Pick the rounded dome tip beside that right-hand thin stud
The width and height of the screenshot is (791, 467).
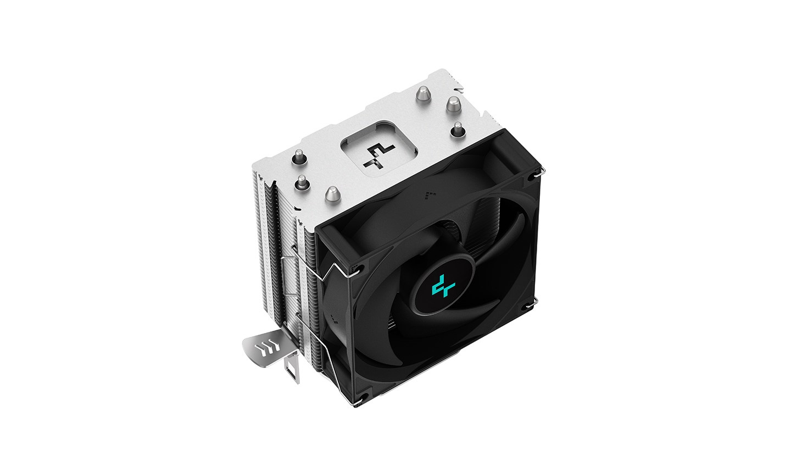click(x=453, y=103)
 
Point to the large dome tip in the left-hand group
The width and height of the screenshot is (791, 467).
click(x=332, y=193)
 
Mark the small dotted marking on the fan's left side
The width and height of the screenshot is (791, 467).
click(x=334, y=317)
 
